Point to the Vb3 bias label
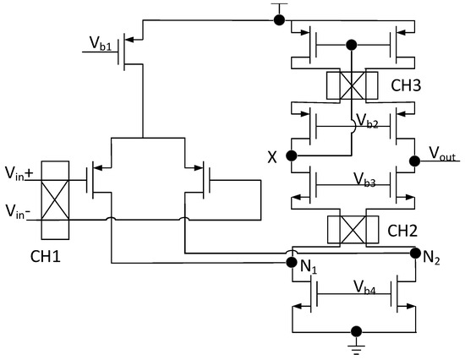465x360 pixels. [354, 179]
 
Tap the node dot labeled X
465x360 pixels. [292, 155]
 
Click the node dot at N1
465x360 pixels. [291, 262]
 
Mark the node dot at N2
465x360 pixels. [414, 252]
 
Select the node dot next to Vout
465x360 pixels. [414, 160]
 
